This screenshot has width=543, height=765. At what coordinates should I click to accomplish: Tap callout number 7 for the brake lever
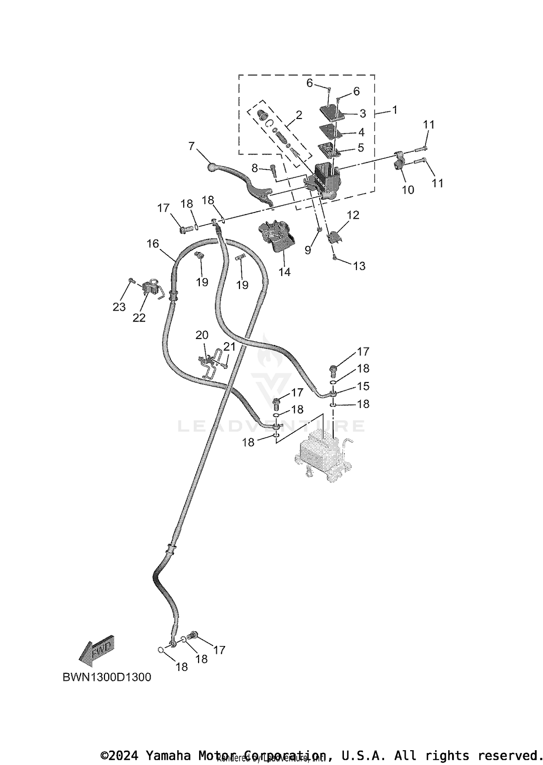point(191,146)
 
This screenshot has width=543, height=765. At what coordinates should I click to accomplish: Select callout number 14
point(285,272)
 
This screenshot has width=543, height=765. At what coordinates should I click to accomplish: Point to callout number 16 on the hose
point(153,244)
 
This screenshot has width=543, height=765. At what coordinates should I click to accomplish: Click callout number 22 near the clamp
point(139,318)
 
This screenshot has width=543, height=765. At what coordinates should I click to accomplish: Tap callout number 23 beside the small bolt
point(119,307)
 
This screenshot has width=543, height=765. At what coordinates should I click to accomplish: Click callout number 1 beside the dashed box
point(395,110)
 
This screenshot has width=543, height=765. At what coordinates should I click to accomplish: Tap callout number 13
point(359,266)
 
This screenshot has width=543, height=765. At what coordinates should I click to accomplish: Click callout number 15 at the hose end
point(363,386)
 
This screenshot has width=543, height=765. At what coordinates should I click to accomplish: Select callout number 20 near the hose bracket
point(202,335)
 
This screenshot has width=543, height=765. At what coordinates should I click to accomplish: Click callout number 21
point(230,347)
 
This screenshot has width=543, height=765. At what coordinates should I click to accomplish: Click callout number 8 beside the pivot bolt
point(255,168)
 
